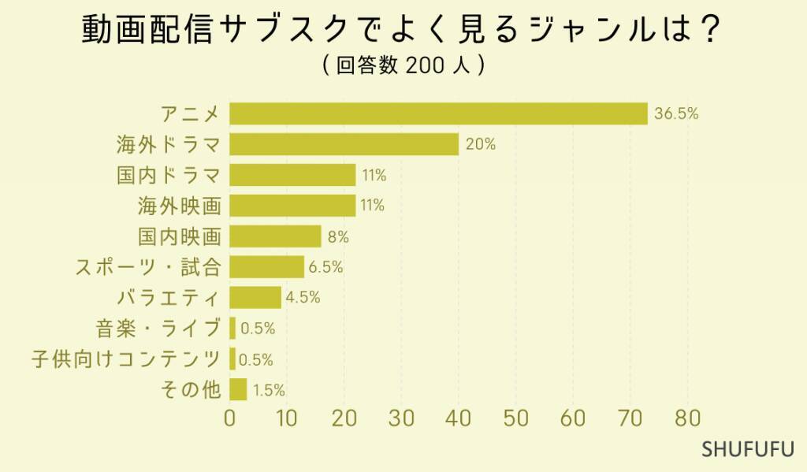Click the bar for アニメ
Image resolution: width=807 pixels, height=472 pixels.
pyautogui.click(x=438, y=113)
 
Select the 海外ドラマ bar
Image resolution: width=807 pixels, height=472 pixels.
pyautogui.click(x=344, y=144)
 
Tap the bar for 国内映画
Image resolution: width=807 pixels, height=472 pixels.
pyautogui.click(x=275, y=236)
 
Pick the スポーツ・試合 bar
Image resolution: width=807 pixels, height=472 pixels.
pyautogui.click(x=266, y=267)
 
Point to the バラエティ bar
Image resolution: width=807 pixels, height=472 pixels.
pyautogui.click(x=255, y=298)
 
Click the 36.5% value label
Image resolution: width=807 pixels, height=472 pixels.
pyautogui.click(x=676, y=113)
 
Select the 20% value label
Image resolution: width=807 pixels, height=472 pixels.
pyautogui.click(x=480, y=144)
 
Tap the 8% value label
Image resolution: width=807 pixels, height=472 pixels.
pyautogui.click(x=337, y=236)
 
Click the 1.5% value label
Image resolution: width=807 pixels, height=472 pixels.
pyautogui.click(x=268, y=390)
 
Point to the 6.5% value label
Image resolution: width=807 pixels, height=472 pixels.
pyautogui.click(x=325, y=267)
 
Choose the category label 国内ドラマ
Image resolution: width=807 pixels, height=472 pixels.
pyautogui.click(x=169, y=175)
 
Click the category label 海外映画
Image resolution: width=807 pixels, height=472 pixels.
pyautogui.click(x=179, y=206)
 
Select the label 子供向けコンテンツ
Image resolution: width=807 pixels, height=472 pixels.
pyautogui.click(x=126, y=359)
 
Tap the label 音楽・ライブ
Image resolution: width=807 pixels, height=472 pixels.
pyautogui.click(x=158, y=329)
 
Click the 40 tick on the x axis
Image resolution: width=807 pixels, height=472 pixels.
pyautogui.click(x=459, y=418)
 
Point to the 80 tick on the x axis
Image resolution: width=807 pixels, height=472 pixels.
pyautogui.click(x=687, y=418)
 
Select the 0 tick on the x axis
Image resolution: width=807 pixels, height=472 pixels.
pyautogui.click(x=230, y=418)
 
